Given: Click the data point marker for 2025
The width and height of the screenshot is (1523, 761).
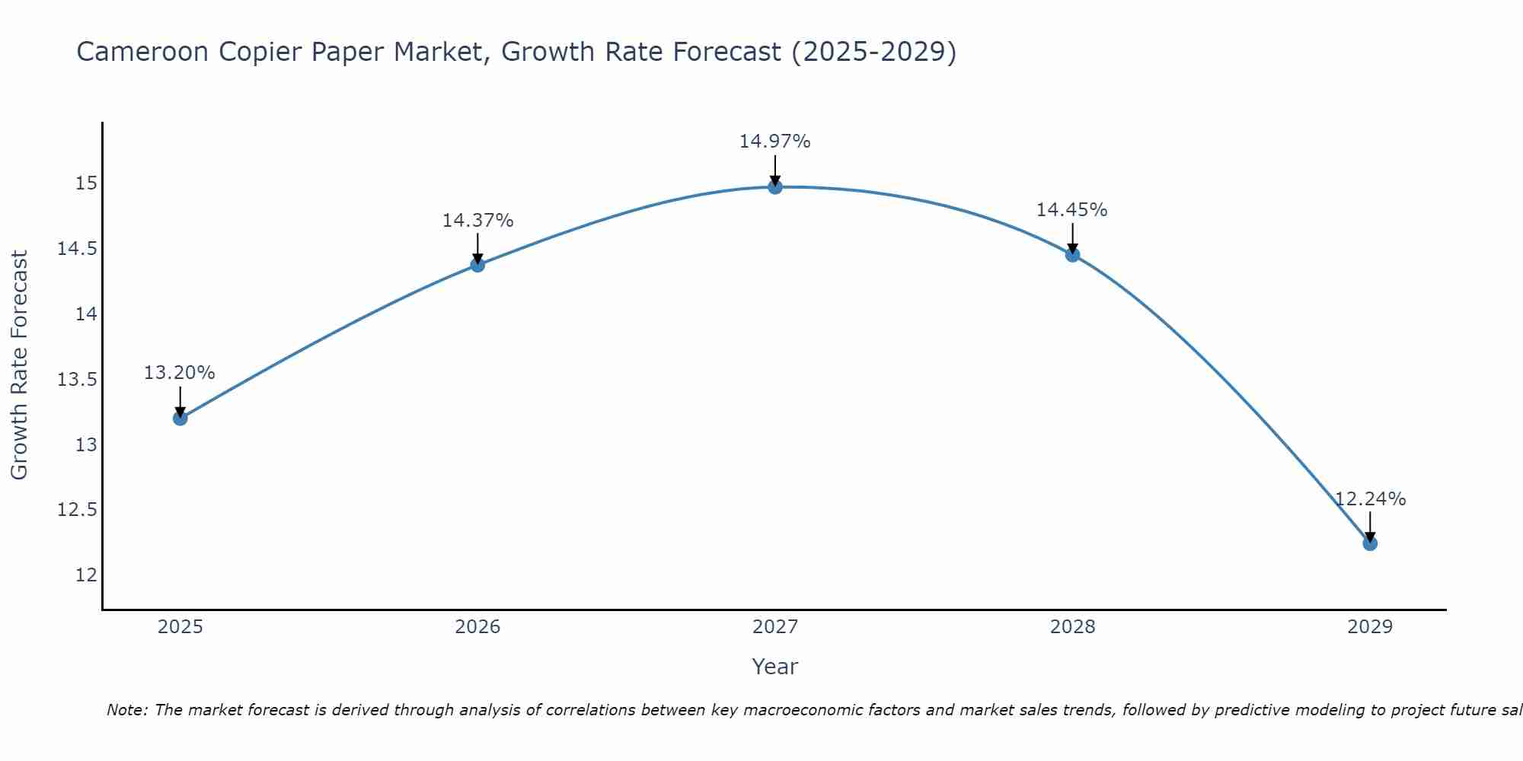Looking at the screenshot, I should (180, 418).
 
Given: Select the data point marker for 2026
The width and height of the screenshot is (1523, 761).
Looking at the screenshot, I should (477, 265).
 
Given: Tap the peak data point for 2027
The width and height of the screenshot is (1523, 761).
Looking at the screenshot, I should (775, 186).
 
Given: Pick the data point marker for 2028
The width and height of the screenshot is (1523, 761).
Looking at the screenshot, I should (1072, 255).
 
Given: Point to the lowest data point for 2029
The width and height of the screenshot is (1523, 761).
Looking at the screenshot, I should (1370, 543).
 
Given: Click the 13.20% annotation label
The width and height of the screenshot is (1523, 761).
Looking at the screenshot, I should (180, 373).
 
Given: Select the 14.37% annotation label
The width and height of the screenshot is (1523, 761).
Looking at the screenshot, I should (477, 221).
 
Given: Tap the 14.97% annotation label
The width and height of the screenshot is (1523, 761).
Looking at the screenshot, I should (775, 142).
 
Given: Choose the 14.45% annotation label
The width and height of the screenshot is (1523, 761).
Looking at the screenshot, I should (1071, 210).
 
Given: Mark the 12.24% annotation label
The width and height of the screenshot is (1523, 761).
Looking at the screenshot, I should (1370, 499).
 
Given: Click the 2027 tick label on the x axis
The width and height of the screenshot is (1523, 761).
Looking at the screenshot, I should (775, 627).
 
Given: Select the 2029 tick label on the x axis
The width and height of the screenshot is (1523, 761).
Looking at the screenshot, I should (1370, 627).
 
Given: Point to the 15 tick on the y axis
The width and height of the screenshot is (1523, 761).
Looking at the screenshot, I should (86, 183).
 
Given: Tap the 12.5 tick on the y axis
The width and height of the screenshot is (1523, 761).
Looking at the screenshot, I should (77, 510).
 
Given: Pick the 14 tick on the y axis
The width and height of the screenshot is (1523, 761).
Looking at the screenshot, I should (86, 314).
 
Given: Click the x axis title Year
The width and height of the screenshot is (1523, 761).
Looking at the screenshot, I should (774, 667).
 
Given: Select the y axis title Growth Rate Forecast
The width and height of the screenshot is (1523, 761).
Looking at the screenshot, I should (19, 365).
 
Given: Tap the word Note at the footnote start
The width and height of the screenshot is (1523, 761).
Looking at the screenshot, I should (126, 710).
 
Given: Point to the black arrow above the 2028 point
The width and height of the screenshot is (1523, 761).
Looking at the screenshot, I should (1072, 238).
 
